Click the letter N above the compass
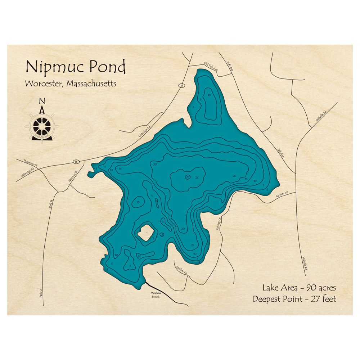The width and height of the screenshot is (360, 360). click(42, 101)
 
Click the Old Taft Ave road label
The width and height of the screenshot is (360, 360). click(211, 67)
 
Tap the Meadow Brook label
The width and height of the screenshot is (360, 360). click(156, 295)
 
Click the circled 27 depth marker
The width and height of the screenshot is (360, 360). click(188, 177)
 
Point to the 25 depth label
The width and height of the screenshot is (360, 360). click(197, 177)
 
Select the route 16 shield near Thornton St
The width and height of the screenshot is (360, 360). click(76, 161)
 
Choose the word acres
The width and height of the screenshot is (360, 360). click(327, 288)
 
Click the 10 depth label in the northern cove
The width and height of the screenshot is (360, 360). click(209, 95)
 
